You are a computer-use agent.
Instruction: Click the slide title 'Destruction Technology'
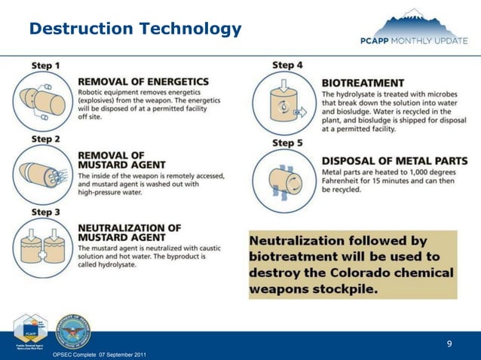136,29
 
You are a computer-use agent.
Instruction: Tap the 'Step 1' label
46,66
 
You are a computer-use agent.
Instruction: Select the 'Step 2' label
46,139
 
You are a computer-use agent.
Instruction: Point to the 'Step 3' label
46,212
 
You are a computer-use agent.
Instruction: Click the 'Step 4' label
287,66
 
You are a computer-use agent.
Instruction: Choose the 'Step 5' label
287,143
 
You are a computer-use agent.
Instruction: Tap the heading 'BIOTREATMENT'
363,83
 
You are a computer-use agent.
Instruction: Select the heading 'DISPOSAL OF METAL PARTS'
394,160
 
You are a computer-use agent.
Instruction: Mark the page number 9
449,345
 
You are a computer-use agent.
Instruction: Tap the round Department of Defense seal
73,332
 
